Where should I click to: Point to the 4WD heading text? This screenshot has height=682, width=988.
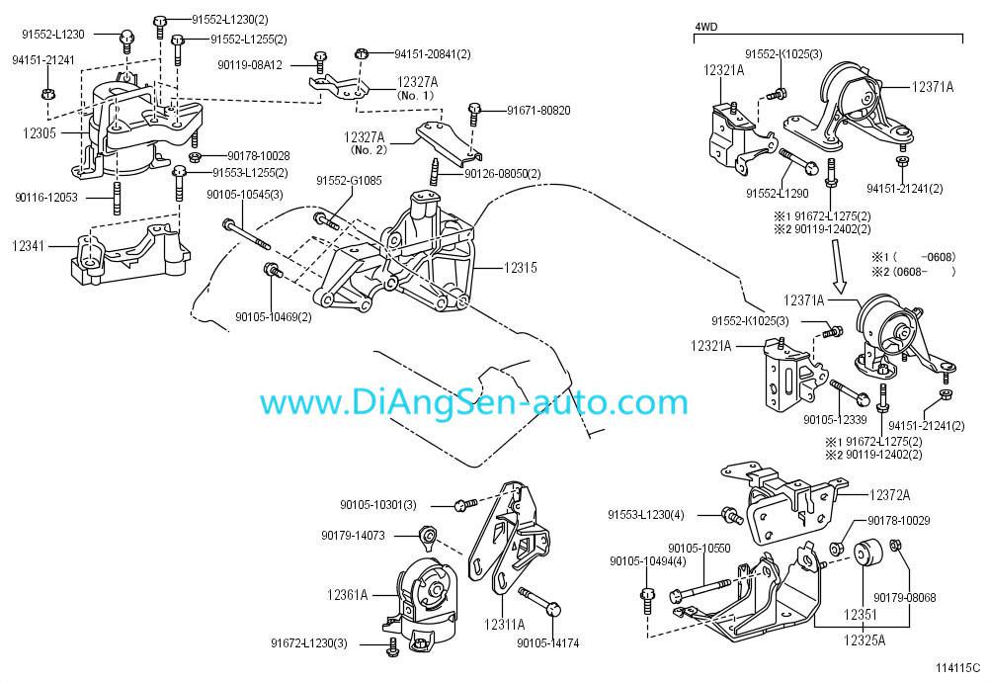(707, 27)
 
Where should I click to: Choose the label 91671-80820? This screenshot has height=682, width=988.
(538, 110)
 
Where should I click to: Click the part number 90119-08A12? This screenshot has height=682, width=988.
(250, 65)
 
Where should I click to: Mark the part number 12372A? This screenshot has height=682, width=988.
(890, 493)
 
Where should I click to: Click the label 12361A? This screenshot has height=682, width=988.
(348, 595)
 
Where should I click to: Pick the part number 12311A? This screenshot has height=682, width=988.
(504, 624)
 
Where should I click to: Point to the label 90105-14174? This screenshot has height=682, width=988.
(547, 643)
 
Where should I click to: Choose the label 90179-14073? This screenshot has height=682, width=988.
(353, 535)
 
